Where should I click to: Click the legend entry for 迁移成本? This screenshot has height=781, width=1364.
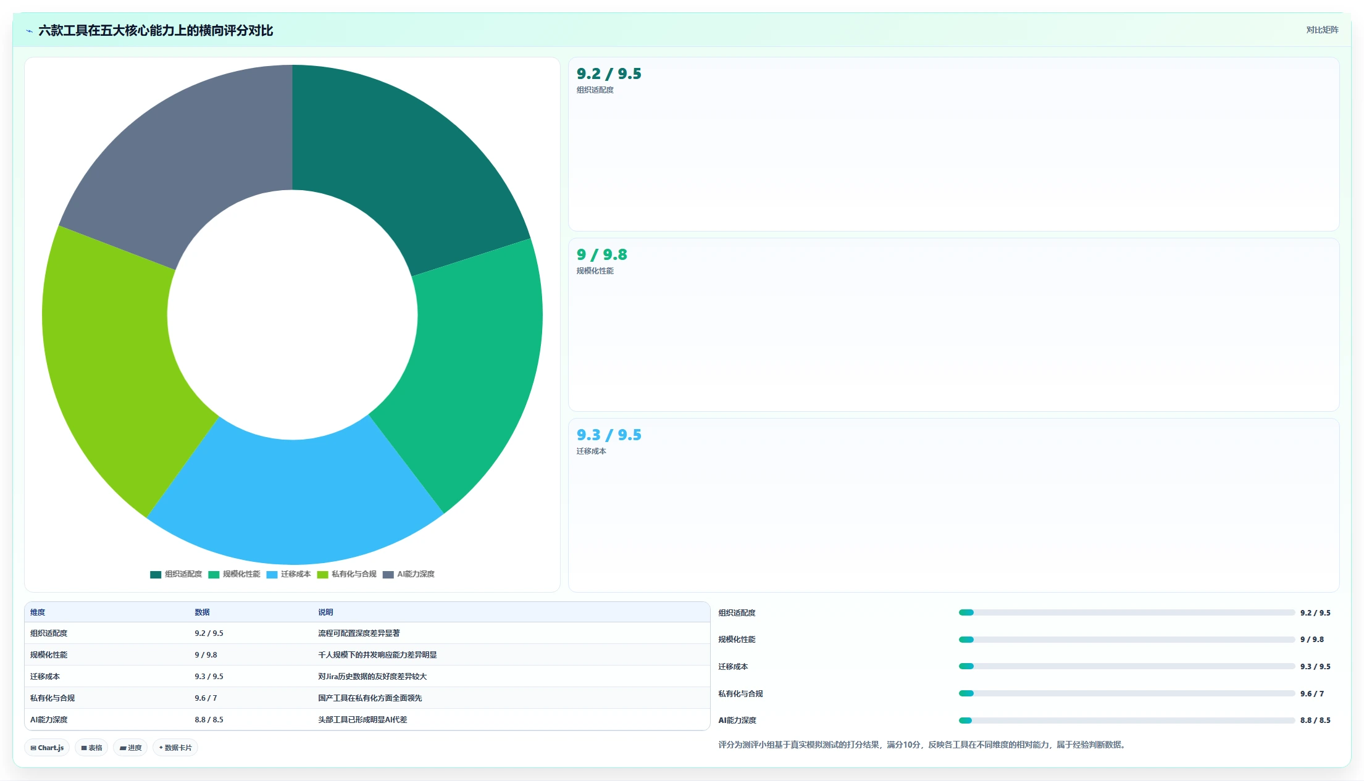click(x=289, y=574)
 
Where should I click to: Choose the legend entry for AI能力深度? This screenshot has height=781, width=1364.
click(x=409, y=574)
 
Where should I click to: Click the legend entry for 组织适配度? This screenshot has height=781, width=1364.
click(x=176, y=574)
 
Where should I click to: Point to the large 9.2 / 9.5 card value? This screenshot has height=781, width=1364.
click(x=609, y=74)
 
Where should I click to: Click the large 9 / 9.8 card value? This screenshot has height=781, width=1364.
click(x=602, y=254)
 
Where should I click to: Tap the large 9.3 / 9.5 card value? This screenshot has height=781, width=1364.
click(x=609, y=435)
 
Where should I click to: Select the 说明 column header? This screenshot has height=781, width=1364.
click(x=325, y=612)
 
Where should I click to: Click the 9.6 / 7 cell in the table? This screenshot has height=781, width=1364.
click(x=206, y=698)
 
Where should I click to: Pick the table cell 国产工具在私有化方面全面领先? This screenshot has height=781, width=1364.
click(x=370, y=698)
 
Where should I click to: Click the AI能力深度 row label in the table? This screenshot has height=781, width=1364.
click(x=49, y=720)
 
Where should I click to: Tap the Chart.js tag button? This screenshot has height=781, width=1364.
click(x=47, y=748)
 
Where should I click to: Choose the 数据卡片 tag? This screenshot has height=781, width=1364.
click(x=175, y=748)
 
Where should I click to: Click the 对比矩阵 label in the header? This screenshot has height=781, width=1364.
click(x=1322, y=30)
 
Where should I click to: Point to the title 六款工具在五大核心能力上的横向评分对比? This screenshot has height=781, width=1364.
click(x=156, y=30)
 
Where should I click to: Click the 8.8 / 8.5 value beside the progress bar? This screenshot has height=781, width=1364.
click(x=1315, y=720)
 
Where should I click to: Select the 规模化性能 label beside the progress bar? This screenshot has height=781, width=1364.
click(x=737, y=640)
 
